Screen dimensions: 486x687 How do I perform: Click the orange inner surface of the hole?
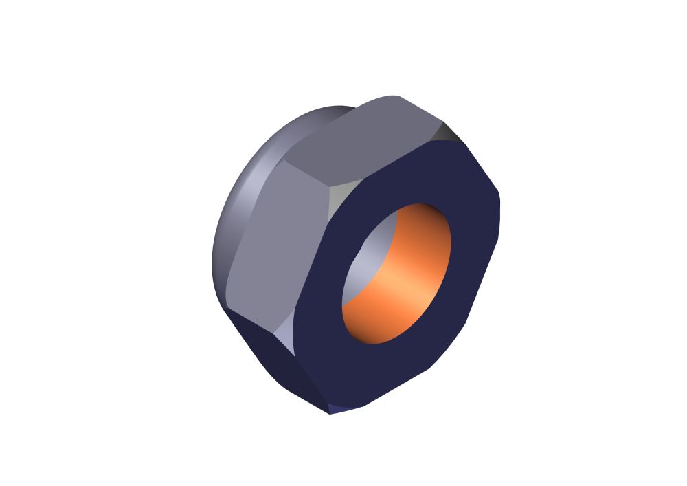click(405, 289)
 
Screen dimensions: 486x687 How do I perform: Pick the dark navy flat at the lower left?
click(275, 357)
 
